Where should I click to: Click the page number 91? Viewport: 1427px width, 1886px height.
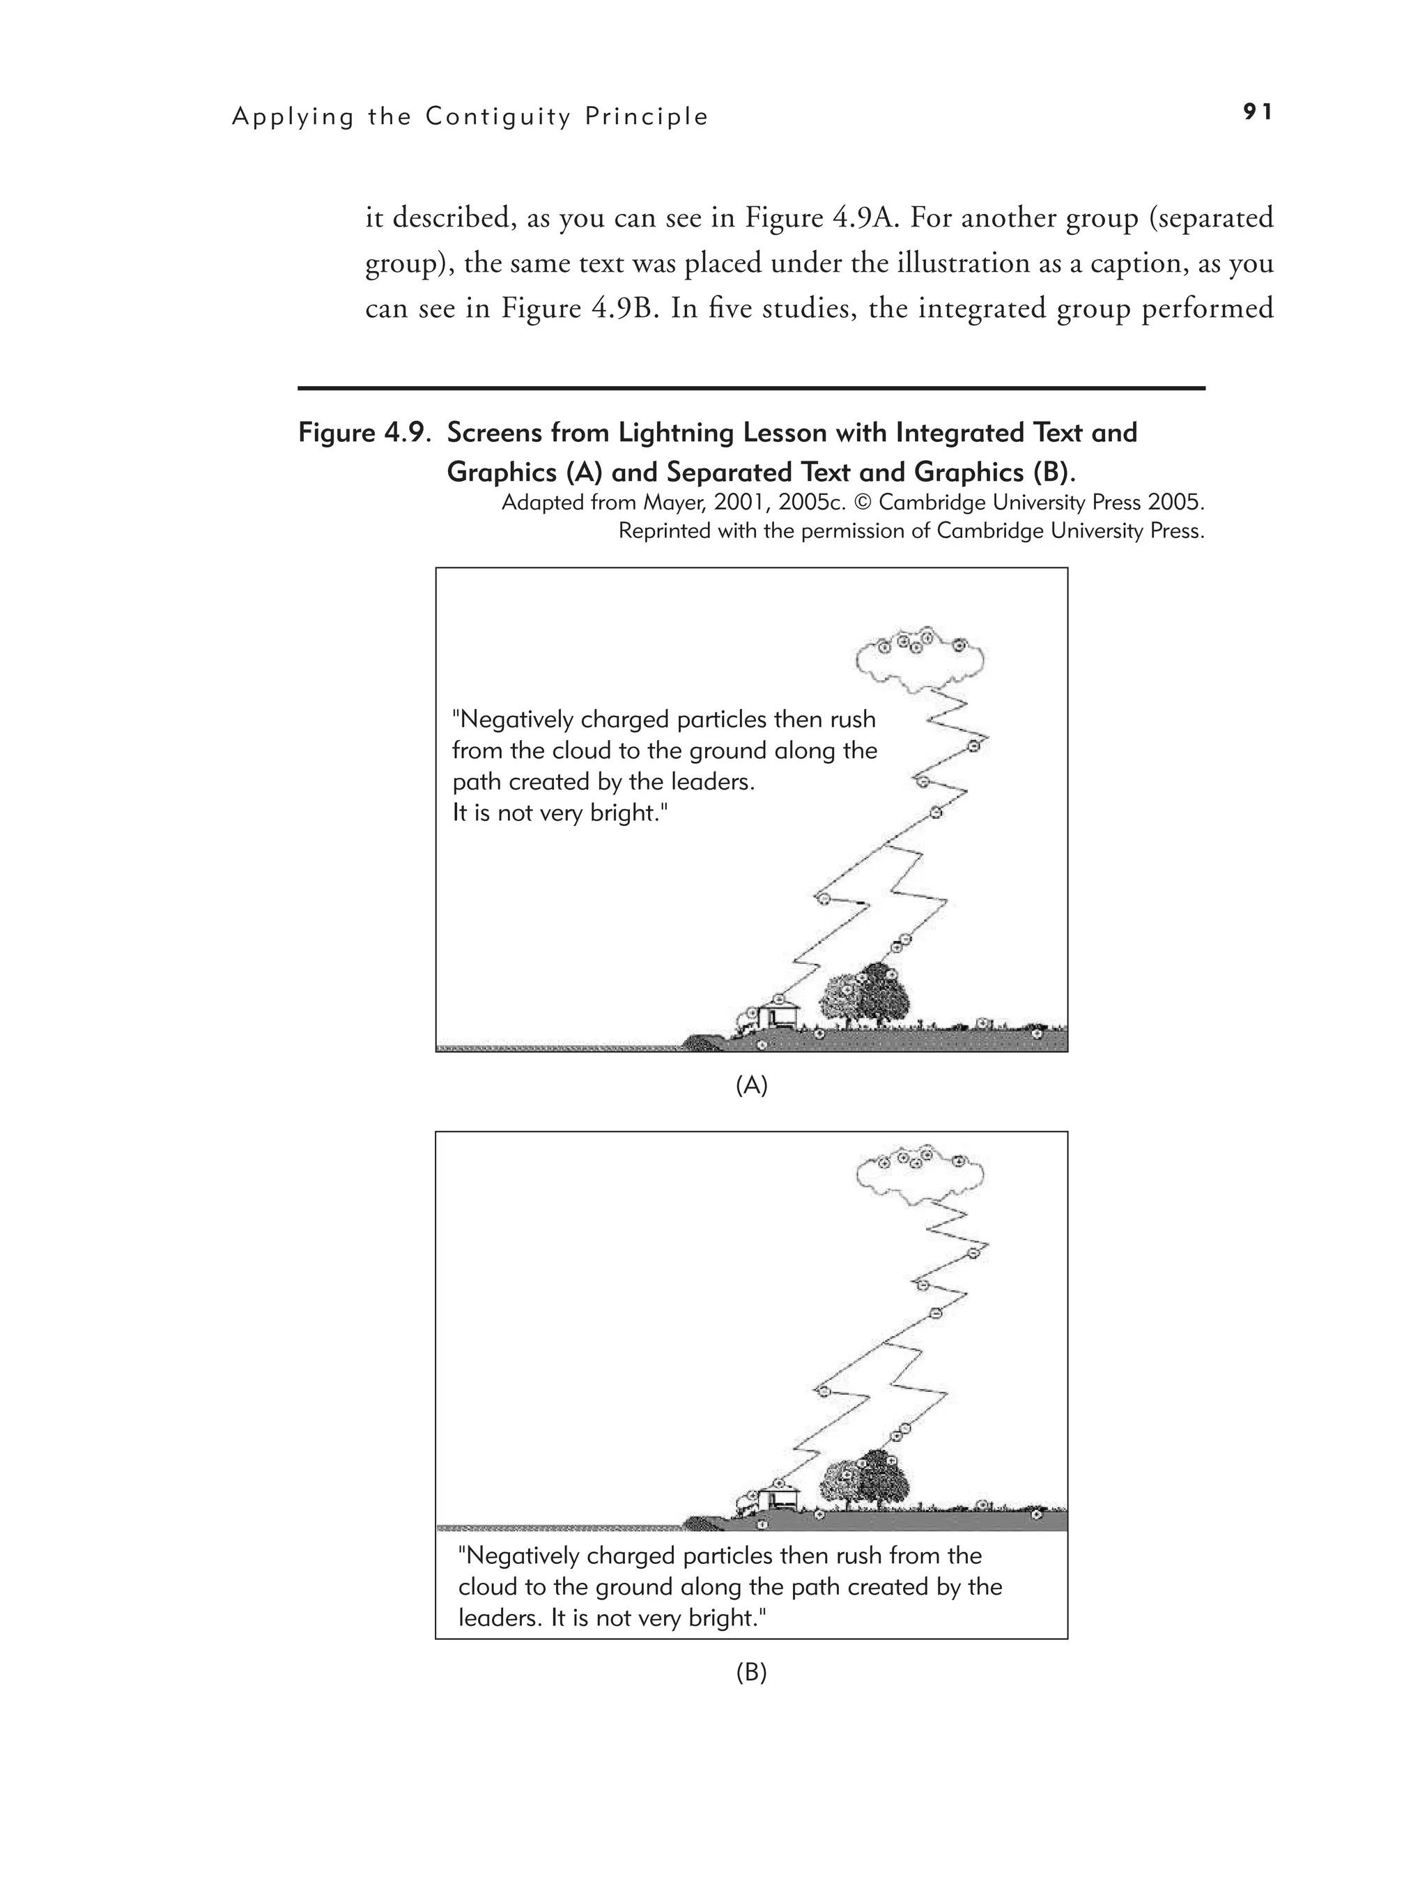point(1258,112)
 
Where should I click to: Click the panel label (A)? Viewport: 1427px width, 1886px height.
point(751,1085)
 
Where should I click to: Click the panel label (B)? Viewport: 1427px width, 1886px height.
point(751,1672)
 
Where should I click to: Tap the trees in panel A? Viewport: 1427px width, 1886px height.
point(865,997)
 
